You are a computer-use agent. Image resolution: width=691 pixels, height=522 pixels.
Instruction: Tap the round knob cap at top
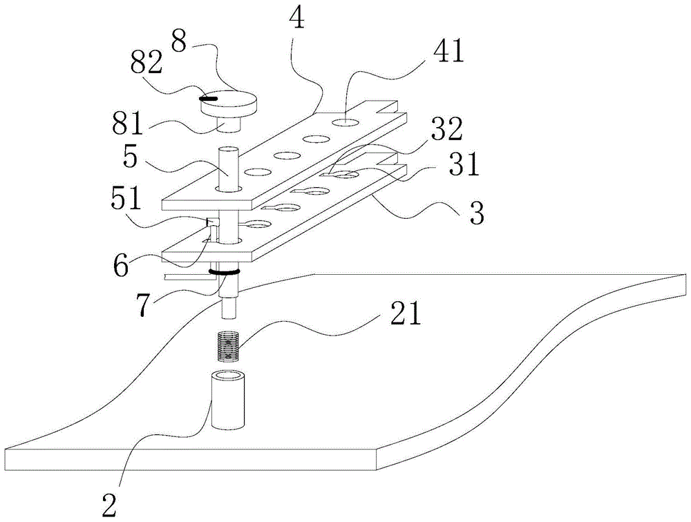[x=228, y=104]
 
